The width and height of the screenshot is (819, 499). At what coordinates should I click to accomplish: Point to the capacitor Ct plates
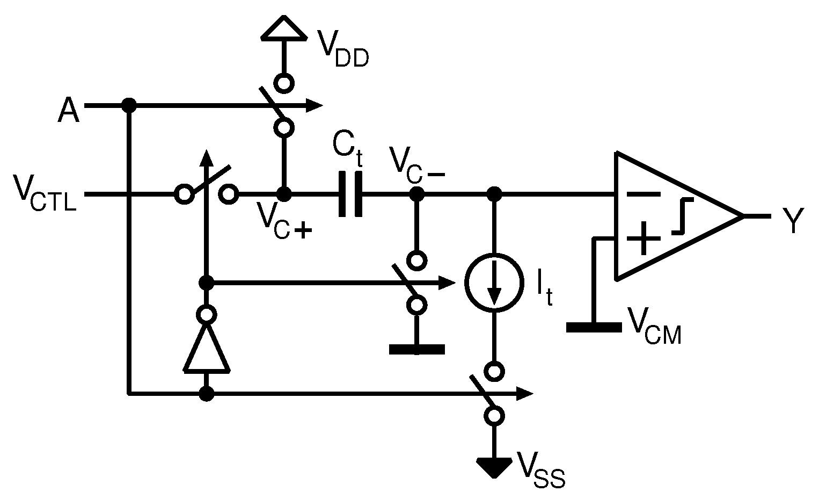350,194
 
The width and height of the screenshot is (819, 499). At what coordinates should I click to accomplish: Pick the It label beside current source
544,290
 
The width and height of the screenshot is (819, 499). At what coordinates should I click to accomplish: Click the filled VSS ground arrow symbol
493,466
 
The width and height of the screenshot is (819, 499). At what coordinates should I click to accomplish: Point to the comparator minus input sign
643,194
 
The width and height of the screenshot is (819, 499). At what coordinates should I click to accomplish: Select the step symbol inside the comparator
682,216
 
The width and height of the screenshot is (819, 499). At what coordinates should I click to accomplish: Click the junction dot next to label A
128,105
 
